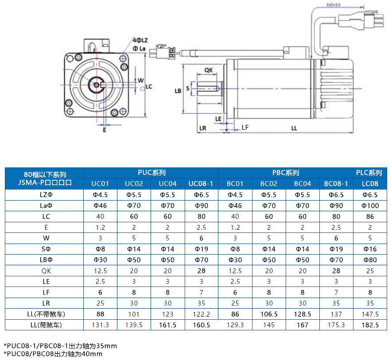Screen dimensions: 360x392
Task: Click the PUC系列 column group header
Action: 151,173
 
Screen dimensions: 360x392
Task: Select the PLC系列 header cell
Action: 369,173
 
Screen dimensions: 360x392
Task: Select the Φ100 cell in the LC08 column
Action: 370,205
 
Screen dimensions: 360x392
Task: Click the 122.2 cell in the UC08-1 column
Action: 202,314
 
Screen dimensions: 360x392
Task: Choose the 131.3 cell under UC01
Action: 100,325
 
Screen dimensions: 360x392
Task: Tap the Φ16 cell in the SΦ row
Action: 370,249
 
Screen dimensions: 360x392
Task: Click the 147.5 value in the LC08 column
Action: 370,314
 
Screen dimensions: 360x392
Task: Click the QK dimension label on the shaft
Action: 209,70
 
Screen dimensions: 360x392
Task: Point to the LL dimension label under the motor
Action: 294,128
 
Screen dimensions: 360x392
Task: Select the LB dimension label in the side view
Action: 178,91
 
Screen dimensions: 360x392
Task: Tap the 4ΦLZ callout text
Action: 140,40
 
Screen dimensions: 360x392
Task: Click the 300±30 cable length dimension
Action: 333,5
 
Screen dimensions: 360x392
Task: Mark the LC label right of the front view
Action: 149,87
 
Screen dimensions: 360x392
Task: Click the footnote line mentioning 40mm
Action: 53,353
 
